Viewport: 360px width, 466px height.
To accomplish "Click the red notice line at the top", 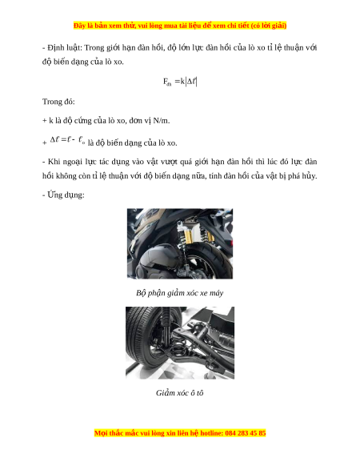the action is [x=180, y=26].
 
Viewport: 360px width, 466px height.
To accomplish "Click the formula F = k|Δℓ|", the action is [x=180, y=82].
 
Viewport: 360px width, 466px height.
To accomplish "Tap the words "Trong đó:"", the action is [x=58, y=102].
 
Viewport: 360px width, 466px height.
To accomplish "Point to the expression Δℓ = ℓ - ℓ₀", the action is [x=68, y=139].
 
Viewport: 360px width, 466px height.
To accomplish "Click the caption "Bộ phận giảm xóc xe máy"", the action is [x=180, y=293].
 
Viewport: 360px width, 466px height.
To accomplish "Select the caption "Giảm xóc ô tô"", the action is [x=180, y=393].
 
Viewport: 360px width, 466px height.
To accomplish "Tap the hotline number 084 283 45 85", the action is [x=246, y=433].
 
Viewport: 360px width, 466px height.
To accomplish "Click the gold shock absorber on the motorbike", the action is [x=188, y=235].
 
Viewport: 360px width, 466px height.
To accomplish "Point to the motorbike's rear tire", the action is [x=210, y=259].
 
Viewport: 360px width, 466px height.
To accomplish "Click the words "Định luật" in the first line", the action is [x=65, y=48].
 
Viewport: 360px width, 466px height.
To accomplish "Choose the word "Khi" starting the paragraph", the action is [x=54, y=162].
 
